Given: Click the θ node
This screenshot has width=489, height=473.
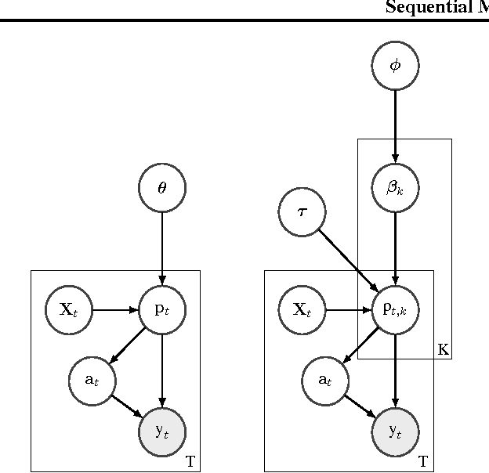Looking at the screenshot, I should pos(162,188).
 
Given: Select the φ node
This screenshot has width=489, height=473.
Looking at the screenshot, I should pos(395,66).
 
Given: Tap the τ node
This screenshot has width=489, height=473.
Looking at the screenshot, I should pos(302,211).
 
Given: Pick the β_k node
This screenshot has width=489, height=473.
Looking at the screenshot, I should pos(395,188).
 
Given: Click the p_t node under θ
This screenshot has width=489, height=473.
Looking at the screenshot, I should pos(162,309).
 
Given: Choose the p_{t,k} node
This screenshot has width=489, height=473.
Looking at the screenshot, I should pos(395,309).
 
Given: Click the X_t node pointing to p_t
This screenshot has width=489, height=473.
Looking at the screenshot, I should pos(69,309).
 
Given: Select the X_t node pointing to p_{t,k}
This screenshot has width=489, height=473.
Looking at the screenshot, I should pos(302,309).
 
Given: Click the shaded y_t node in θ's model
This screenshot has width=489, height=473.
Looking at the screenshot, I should pos(162,431).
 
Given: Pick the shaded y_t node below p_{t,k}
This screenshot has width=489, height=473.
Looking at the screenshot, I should pos(395,431).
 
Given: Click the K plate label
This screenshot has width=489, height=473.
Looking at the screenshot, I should pos(444,350).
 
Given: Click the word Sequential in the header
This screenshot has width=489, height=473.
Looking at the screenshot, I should pos(423,9).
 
